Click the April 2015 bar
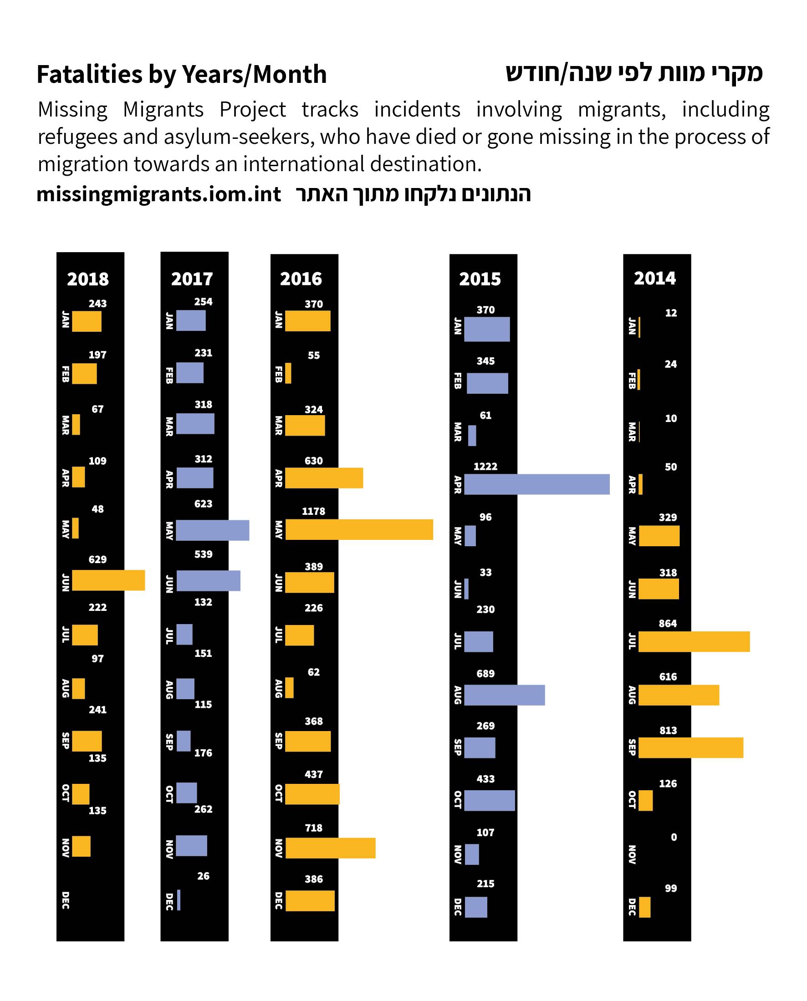point(536,484)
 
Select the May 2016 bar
point(359,529)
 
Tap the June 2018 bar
point(108,580)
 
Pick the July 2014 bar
point(694,641)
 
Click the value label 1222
point(485,466)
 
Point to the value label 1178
point(313,511)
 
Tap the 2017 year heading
point(192,279)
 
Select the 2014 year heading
point(654,278)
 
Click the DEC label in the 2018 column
point(66,900)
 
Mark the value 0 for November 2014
point(674,837)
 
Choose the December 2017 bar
point(179,899)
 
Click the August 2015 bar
point(505,695)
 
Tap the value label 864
point(668,623)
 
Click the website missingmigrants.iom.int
point(158,194)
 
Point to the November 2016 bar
point(330,848)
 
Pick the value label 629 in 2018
point(97,559)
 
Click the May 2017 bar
point(212,530)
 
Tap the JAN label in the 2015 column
point(457,326)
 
